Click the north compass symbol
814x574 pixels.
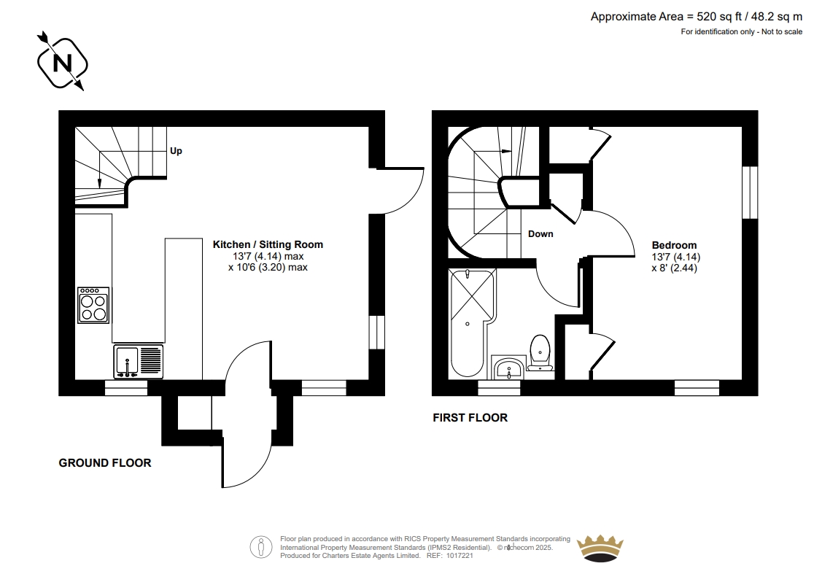pos(62,62)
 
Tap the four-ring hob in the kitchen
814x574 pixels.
pos(93,305)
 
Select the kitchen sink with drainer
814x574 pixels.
pos(138,362)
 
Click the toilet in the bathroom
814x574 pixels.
pos(540,353)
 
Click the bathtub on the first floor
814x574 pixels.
pos(473,323)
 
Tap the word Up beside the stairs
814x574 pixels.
pos(176,151)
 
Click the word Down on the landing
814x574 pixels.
pos(540,234)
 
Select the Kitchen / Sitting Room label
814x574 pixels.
pos(268,244)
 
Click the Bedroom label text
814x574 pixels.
pos(675,245)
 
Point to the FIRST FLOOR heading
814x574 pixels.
pos(470,418)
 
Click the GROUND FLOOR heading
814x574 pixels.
pos(105,463)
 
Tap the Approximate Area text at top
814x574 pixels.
pos(696,17)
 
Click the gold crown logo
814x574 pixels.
pos(600,548)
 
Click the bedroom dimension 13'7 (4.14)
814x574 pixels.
pos(676,257)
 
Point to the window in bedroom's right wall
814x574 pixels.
pos(750,193)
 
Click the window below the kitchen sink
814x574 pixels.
pos(126,388)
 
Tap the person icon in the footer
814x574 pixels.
pos(261,547)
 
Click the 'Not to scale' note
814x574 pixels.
pos(782,31)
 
